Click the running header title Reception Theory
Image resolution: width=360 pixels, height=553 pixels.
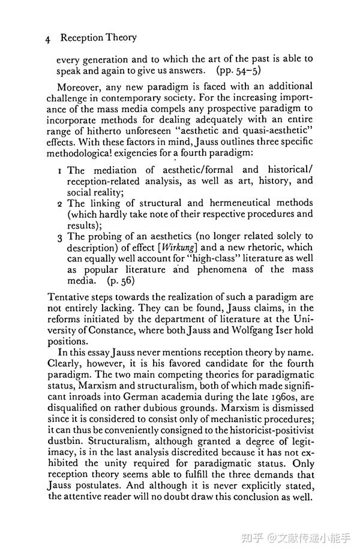98,38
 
